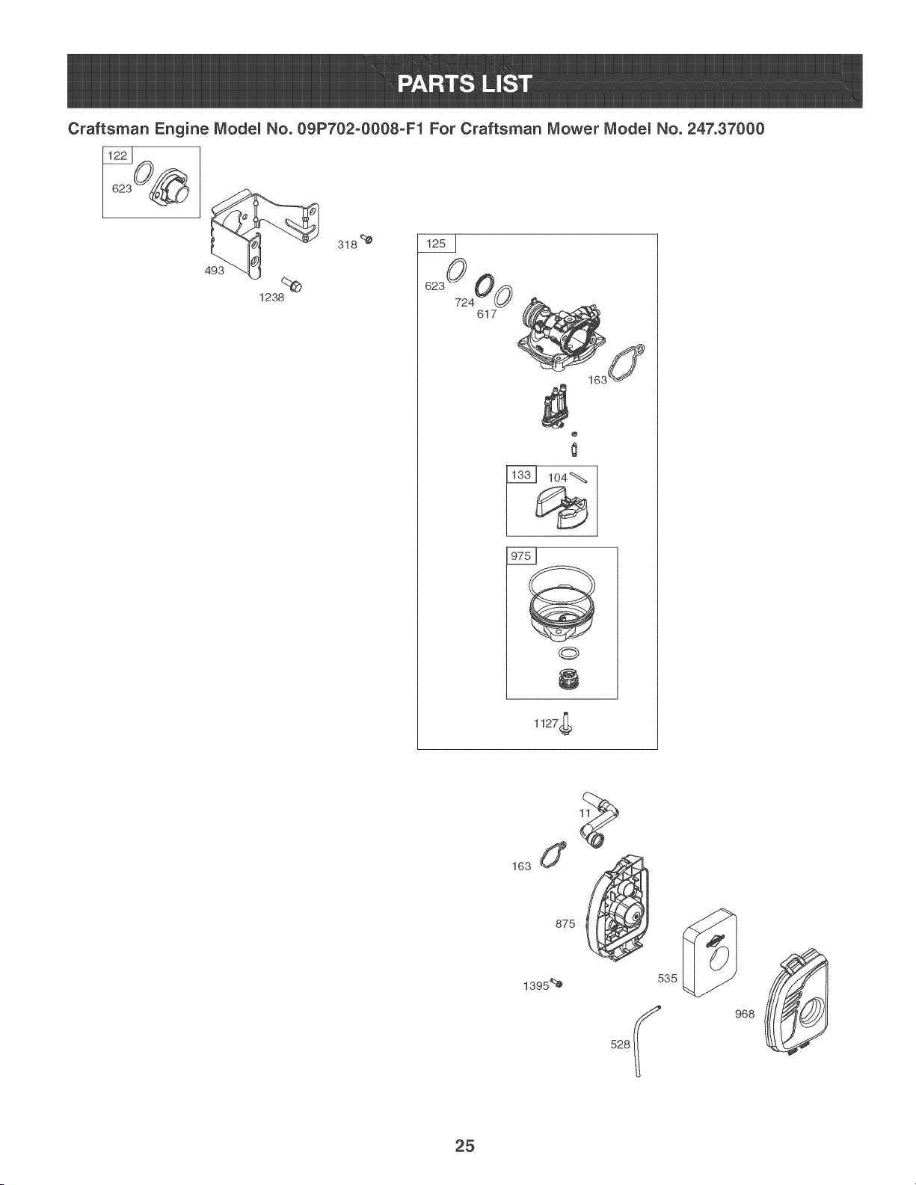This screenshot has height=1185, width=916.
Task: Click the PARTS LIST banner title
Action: (464, 84)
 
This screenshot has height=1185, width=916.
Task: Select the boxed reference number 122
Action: (117, 156)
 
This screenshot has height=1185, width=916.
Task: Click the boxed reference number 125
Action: (436, 244)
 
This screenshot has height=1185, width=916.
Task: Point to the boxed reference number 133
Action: (521, 475)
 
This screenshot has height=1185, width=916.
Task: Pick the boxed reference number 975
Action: (520, 555)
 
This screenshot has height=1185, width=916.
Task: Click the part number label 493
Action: (215, 270)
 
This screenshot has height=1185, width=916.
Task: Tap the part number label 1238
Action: (271, 298)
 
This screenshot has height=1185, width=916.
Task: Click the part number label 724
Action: (464, 302)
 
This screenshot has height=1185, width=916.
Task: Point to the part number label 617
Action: (487, 314)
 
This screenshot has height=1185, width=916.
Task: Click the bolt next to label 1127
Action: (567, 724)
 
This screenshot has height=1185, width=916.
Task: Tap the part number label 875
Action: (565, 924)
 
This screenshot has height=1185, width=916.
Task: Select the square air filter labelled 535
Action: (710, 952)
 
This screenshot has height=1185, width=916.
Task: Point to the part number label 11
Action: (585, 813)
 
